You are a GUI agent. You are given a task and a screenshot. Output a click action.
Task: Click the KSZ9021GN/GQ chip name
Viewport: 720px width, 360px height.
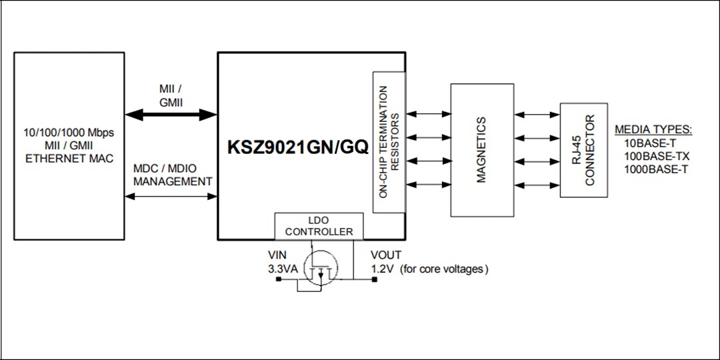coord(298,147)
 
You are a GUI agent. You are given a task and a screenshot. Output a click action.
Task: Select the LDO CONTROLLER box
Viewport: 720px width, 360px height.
coord(319,227)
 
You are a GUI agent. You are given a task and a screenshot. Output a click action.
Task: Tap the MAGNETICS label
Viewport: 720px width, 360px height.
coord(482,150)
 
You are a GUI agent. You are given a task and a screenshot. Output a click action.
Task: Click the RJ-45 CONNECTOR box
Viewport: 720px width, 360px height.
coord(583,150)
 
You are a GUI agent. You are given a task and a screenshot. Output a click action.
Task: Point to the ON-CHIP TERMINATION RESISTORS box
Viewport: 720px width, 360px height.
coord(389,142)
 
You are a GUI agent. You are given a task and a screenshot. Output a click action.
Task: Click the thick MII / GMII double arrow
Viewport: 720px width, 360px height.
coord(171,115)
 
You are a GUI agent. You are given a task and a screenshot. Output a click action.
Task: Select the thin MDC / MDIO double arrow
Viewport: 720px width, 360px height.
coord(171,196)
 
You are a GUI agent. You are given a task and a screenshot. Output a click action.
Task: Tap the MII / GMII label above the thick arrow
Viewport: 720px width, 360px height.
coord(171,96)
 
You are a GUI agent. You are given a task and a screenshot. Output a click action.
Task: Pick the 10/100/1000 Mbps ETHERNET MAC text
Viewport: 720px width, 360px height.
coord(69,145)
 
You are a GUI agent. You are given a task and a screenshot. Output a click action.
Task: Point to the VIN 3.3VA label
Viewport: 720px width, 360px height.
coord(280,262)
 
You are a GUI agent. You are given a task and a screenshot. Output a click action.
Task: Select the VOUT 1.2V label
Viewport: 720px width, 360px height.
coord(386,262)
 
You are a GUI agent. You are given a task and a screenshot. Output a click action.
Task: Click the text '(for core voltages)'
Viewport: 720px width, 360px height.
coord(445,269)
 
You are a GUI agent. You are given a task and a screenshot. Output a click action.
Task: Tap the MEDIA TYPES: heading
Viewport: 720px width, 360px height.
coord(653,129)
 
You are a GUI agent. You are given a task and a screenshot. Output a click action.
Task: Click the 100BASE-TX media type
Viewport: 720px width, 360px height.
coord(656,156)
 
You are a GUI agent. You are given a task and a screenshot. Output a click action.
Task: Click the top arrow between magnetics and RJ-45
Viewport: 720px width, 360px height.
coord(537,115)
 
